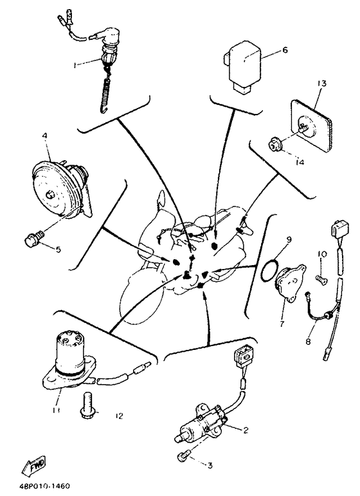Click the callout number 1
[75, 65]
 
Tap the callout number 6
[285, 50]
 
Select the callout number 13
[322, 84]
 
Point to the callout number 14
[300, 162]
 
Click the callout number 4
[44, 135]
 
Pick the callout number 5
[58, 250]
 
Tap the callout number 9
[289, 239]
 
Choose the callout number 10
[323, 254]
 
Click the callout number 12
[119, 416]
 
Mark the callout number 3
[210, 465]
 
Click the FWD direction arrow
[34, 466]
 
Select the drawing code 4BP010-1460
[42, 486]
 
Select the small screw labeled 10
[321, 278]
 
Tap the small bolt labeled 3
[183, 457]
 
